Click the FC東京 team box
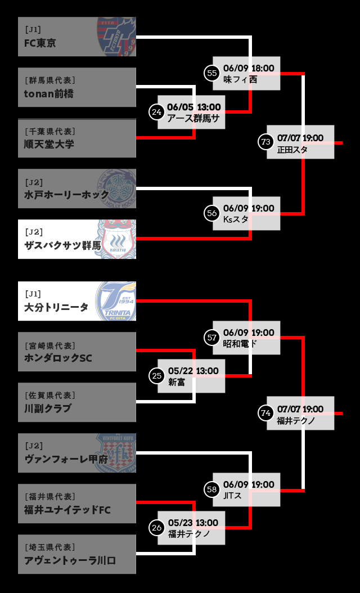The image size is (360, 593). click(x=76, y=37)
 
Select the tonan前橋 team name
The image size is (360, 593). click(x=49, y=93)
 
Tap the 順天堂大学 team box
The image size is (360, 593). click(x=76, y=138)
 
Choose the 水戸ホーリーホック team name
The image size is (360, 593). click(x=67, y=195)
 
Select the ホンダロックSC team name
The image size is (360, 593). click(x=58, y=358)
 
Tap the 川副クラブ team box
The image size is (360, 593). click(x=76, y=402)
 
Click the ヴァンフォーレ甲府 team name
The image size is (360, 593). click(x=66, y=459)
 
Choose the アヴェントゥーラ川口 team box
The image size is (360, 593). click(x=76, y=554)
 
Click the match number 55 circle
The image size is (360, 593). click(x=212, y=73)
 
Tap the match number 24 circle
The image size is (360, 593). click(x=157, y=112)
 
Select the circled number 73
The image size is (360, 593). click(x=266, y=142)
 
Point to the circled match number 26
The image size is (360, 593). click(x=157, y=527)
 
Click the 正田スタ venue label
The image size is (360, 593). click(x=292, y=150)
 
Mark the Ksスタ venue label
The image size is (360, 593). click(x=236, y=219)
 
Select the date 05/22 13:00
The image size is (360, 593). click(x=193, y=371)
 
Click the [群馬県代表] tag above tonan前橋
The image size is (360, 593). click(x=50, y=80)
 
